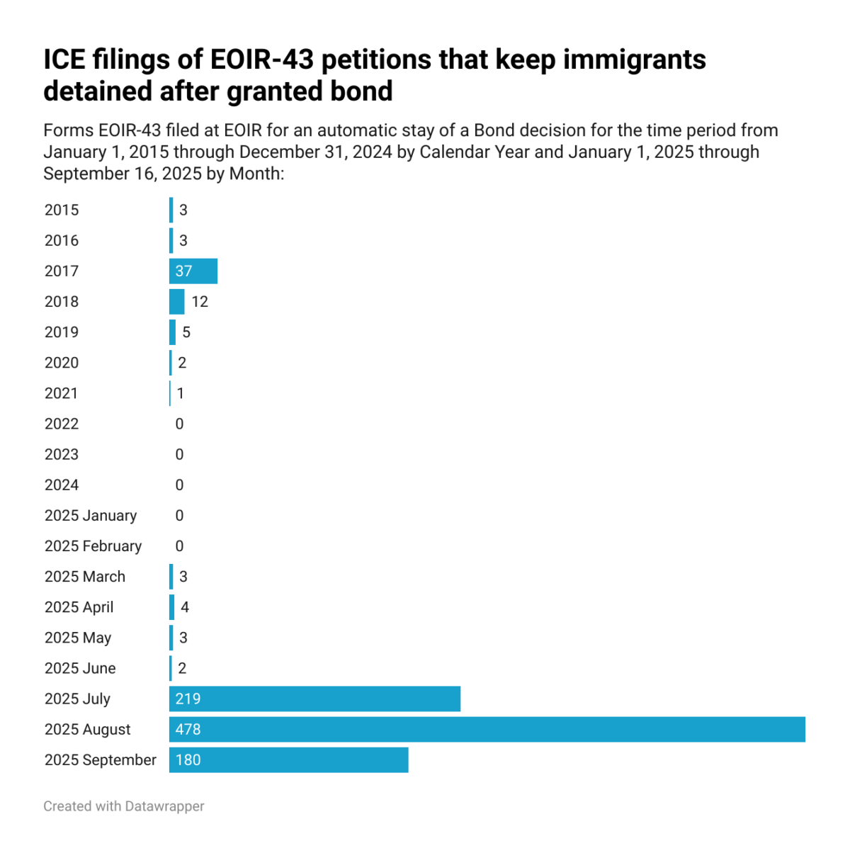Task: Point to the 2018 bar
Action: click(x=176, y=301)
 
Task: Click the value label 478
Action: click(x=188, y=729)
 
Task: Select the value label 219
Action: click(x=188, y=699)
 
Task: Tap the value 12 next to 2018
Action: click(x=200, y=302)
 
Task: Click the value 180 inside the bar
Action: click(x=188, y=760)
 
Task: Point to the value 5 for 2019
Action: click(x=186, y=332)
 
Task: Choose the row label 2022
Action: click(x=62, y=424)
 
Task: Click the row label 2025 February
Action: click(x=93, y=546)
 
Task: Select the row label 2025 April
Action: click(x=79, y=607)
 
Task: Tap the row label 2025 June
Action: click(x=80, y=668)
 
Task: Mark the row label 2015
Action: click(x=62, y=210)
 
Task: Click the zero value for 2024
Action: click(x=179, y=485)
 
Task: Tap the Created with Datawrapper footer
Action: click(x=124, y=806)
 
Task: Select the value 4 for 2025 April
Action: click(x=185, y=607)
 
